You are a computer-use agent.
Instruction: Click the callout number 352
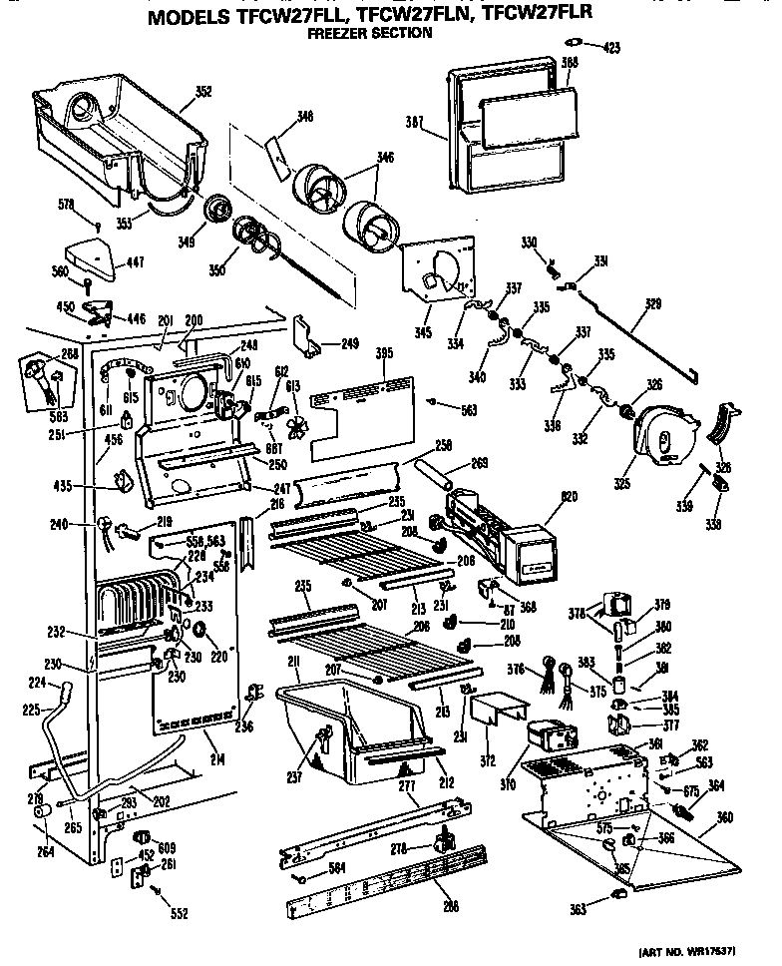click(x=202, y=92)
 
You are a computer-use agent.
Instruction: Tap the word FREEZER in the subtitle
click(x=336, y=33)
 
